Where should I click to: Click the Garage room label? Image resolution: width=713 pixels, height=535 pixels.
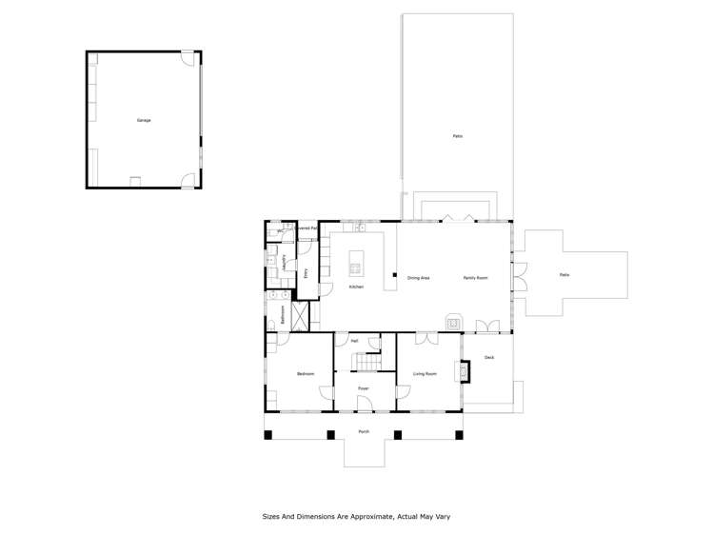pyautogui.click(x=144, y=120)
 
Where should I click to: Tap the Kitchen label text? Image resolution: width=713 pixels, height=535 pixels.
pyautogui.click(x=356, y=287)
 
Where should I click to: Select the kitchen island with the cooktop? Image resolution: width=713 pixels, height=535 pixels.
pyautogui.click(x=357, y=262)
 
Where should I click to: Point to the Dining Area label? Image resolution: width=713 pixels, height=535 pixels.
pyautogui.click(x=418, y=278)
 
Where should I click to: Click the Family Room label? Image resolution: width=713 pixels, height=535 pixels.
pyautogui.click(x=476, y=278)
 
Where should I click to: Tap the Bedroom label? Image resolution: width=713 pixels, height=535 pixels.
pyautogui.click(x=305, y=374)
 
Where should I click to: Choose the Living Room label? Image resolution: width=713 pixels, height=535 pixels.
pyautogui.click(x=425, y=374)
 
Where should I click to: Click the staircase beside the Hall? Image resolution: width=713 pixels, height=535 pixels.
pyautogui.click(x=366, y=363)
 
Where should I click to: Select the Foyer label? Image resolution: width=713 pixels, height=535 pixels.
pyautogui.click(x=364, y=388)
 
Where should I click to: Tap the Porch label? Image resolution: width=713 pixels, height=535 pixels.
pyautogui.click(x=364, y=431)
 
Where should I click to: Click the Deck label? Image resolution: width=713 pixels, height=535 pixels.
pyautogui.click(x=489, y=357)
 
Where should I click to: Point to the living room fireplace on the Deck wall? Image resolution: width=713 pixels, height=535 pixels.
pyautogui.click(x=465, y=372)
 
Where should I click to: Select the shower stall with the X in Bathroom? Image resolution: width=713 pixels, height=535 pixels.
pyautogui.click(x=301, y=314)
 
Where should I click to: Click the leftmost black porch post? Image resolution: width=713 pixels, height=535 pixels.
pyautogui.click(x=268, y=435)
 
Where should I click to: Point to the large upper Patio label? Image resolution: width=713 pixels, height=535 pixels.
pyautogui.click(x=457, y=136)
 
